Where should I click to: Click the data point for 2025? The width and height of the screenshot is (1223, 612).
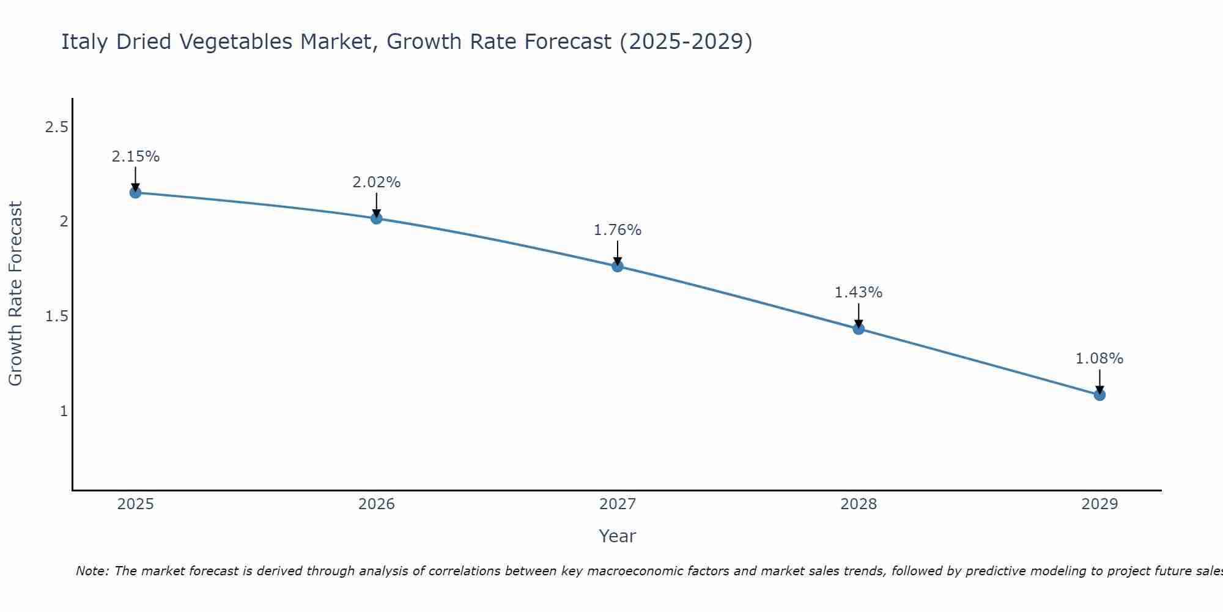[x=135, y=193]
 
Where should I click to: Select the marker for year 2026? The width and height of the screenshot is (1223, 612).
[x=376, y=218]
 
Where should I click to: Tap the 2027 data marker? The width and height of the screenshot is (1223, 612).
[x=617, y=266]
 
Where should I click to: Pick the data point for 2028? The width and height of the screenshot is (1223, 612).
[x=859, y=329]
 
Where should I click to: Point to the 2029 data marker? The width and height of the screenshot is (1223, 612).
[x=1099, y=395]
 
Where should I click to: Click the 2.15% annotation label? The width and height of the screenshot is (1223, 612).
[x=135, y=157]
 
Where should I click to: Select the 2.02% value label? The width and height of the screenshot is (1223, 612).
[x=376, y=182]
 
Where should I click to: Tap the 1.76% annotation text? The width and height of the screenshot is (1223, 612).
[x=617, y=230]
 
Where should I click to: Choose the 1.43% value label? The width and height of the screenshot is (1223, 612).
[x=859, y=293]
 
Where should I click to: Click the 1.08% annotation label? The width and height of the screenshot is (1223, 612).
[x=1099, y=359]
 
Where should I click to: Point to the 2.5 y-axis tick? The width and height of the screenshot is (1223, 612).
[x=56, y=127]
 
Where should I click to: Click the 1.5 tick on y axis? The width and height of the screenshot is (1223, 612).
[x=56, y=316]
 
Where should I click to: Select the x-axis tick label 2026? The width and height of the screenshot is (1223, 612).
[x=376, y=504]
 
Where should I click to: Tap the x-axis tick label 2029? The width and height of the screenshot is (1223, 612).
[x=1099, y=504]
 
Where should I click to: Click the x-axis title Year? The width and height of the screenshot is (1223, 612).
[x=617, y=536]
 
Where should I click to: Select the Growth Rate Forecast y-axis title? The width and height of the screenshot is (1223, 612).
[x=15, y=294]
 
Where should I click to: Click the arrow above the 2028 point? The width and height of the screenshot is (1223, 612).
[x=859, y=315]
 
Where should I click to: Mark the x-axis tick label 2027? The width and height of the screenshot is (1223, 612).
[x=617, y=504]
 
